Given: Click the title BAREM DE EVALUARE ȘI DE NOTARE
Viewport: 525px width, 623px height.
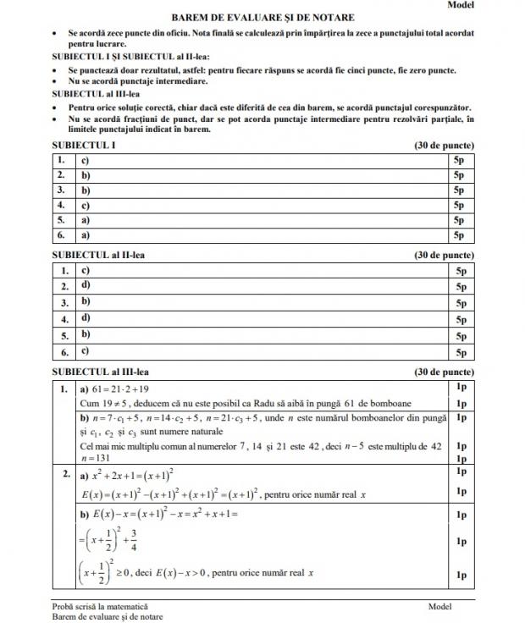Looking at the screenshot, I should pos(262,17).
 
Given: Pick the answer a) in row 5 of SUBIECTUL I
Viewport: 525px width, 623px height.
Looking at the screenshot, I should pos(86,220).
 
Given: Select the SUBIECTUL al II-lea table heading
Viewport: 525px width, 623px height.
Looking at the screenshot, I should pos(102,255).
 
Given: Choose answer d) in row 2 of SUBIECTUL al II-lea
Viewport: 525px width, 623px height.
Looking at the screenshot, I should pos(86,286).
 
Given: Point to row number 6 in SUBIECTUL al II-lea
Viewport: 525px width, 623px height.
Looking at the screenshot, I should pos(64,351).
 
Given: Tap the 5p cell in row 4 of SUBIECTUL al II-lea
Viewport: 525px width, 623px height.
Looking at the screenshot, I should pos(461,319).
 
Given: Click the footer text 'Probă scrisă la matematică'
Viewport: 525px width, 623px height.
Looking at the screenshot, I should pos(99,606).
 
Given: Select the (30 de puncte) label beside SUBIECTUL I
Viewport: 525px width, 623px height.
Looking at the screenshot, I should pos(444,146).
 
